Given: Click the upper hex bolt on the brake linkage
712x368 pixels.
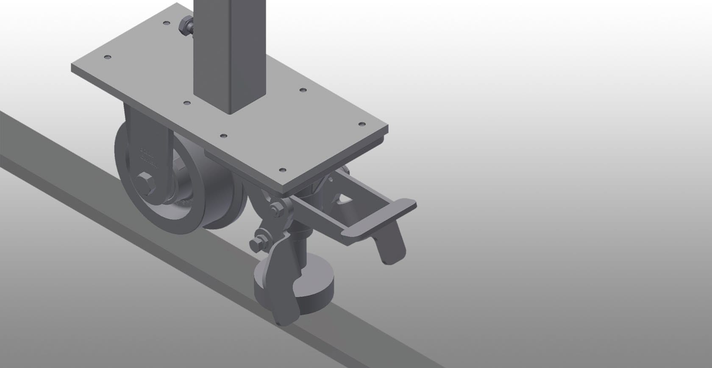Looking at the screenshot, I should tap(276, 209).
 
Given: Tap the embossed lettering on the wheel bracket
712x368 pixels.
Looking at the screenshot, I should tap(146, 155).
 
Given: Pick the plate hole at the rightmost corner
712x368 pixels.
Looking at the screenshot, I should tap(361, 124).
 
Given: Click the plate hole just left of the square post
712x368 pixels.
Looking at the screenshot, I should tap(186, 103).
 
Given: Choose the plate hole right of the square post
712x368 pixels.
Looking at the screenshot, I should tap(302, 90).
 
